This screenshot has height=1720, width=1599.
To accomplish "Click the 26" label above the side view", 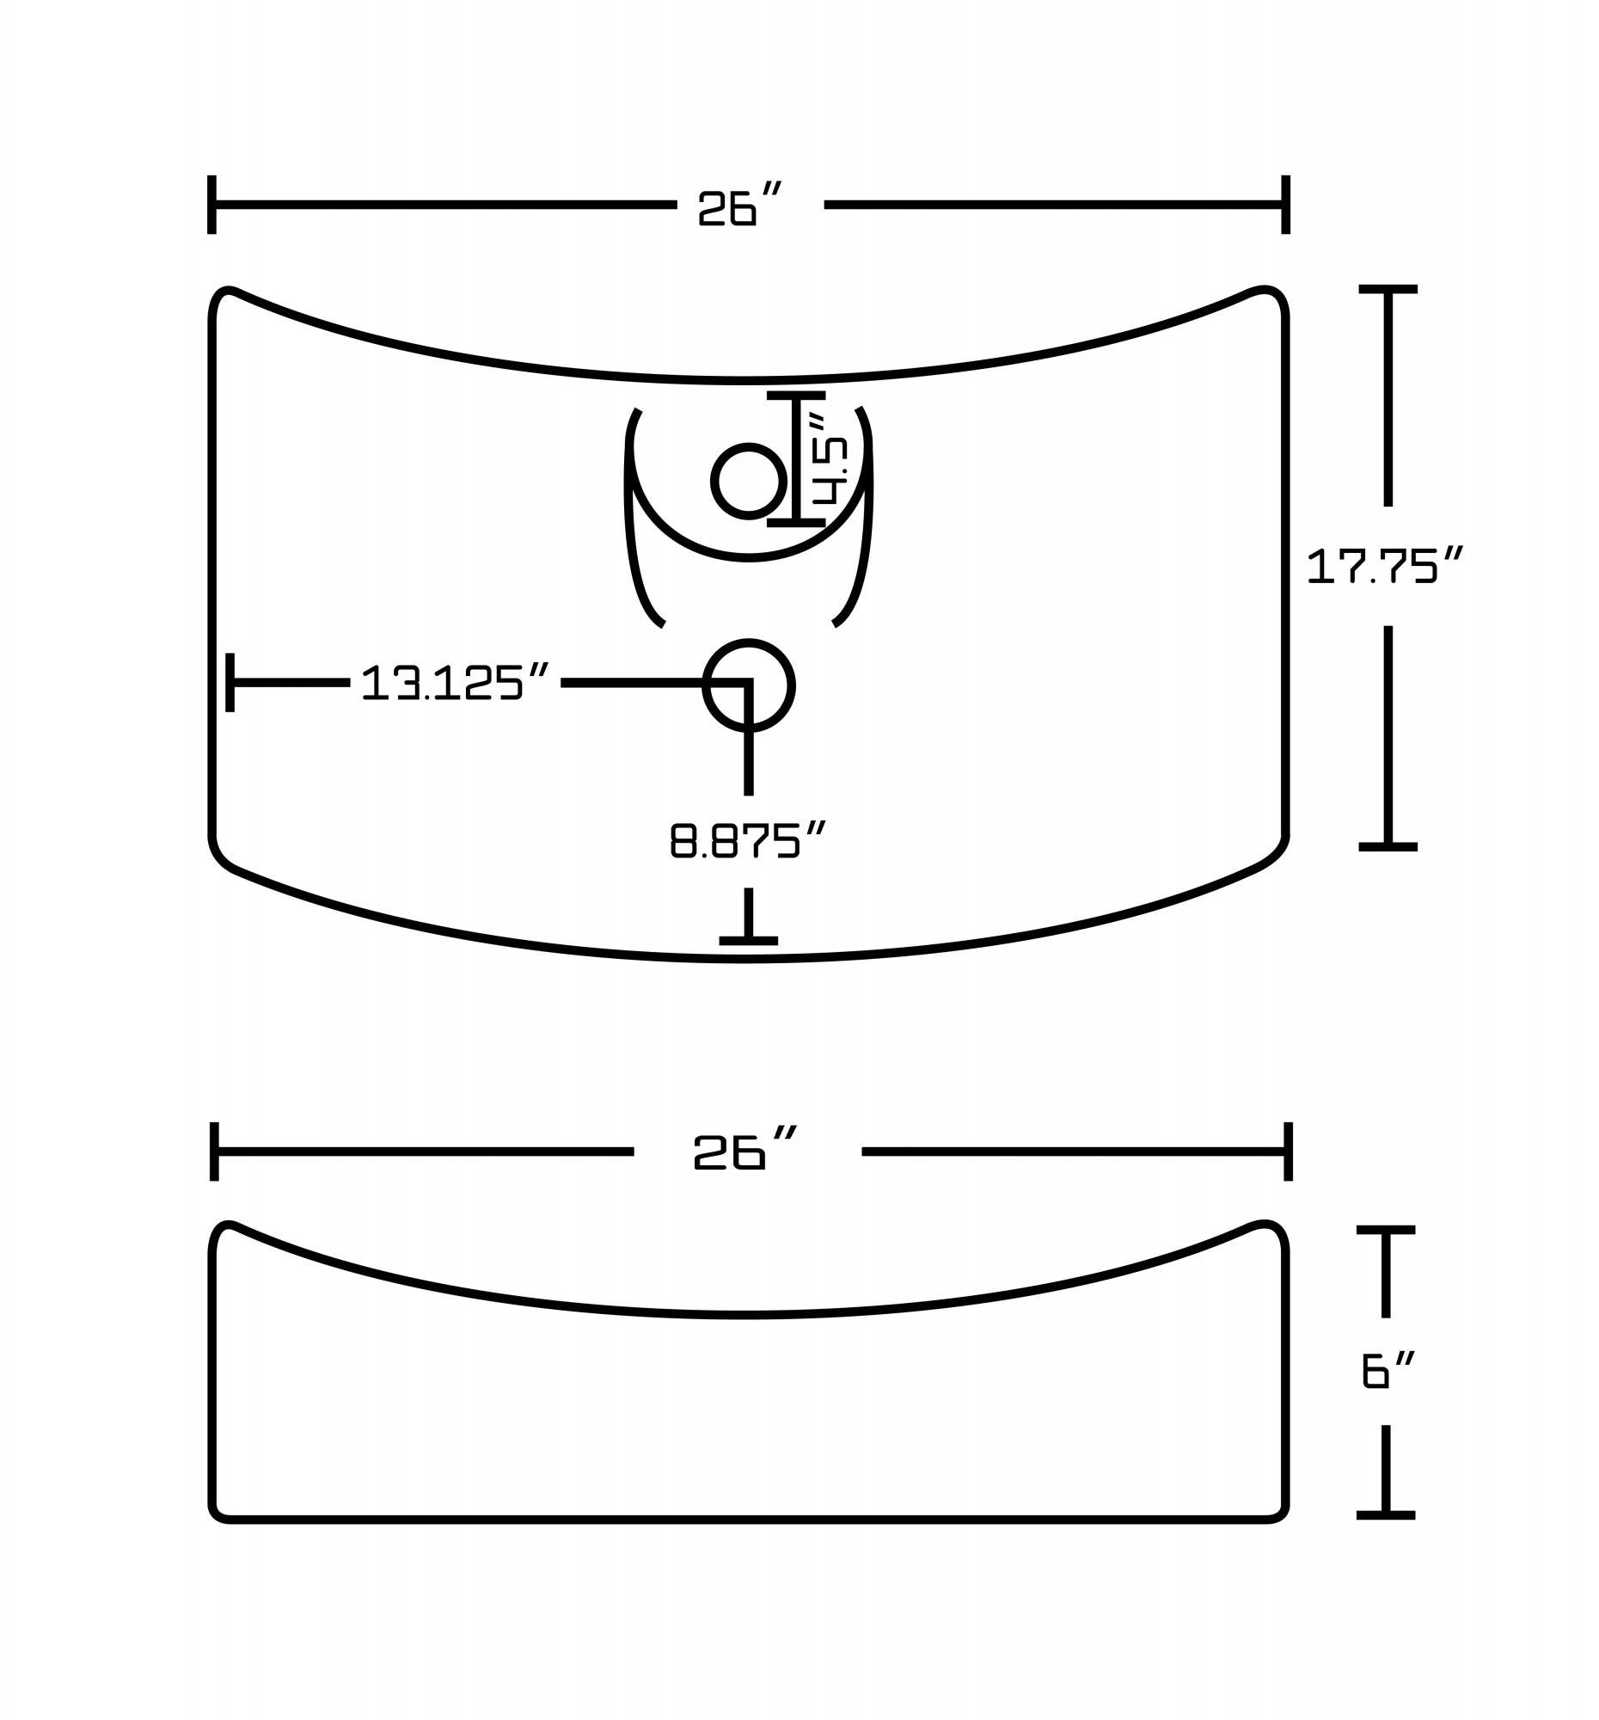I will click(x=743, y=1152).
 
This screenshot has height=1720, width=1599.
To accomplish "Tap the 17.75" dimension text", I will click(x=1383, y=567).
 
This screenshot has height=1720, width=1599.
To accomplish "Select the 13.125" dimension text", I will click(x=455, y=683).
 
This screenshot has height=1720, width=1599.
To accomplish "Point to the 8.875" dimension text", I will click(x=748, y=840).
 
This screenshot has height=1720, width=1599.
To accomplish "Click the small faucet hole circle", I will click(x=748, y=482).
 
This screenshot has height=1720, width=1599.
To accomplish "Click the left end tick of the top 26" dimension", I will click(x=211, y=205).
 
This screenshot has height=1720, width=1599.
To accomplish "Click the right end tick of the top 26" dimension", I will click(x=1285, y=205).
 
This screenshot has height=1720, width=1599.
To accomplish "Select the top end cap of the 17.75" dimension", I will click(x=1388, y=289).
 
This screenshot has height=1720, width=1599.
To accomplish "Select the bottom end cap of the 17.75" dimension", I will click(x=1388, y=846).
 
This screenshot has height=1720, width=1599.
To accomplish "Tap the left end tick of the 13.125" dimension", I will click(x=230, y=683).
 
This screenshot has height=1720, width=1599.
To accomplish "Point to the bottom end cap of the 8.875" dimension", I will click(x=748, y=941).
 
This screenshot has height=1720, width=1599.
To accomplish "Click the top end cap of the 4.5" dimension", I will click(x=795, y=396).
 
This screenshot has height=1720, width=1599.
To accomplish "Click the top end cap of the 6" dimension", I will click(x=1386, y=1230).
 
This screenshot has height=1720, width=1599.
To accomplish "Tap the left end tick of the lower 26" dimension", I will click(x=214, y=1152).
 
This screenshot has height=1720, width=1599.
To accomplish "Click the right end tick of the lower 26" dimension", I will click(x=1288, y=1152).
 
